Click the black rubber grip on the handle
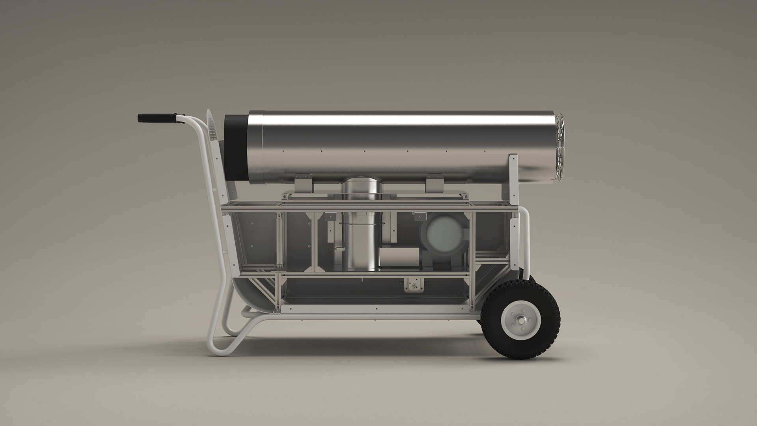[x=156, y=118]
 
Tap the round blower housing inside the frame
[x=444, y=234]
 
